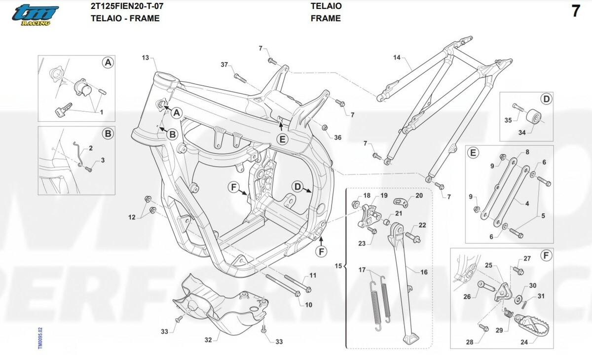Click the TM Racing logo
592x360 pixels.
[35, 15]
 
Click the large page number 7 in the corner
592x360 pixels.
[575, 12]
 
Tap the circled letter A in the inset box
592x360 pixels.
[108, 63]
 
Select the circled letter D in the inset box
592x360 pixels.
[546, 99]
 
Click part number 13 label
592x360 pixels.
[145, 58]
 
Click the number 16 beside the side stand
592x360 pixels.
[424, 272]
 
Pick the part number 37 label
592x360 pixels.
[224, 65]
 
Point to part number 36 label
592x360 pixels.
[337, 138]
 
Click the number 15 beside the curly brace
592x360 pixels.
[338, 266]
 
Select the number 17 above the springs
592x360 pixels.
[362, 270]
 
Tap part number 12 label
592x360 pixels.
[132, 217]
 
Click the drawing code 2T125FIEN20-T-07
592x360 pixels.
[128, 6]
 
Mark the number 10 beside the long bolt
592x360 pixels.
[308, 305]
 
